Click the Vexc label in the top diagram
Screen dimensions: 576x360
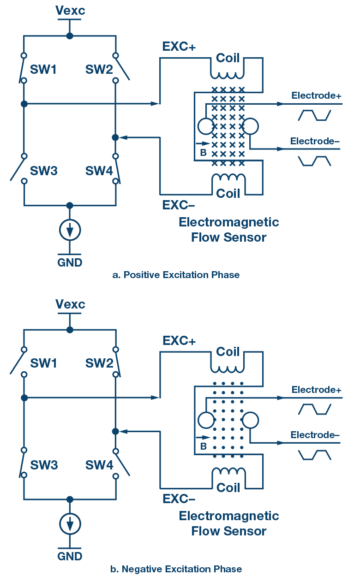(70, 10)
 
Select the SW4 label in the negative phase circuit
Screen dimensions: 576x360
(99, 465)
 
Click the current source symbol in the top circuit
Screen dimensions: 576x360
(70, 229)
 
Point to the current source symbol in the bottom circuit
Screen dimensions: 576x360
(70, 523)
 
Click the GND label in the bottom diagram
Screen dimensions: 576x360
(70, 556)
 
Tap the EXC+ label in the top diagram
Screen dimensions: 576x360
(179, 47)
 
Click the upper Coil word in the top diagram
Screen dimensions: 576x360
(228, 58)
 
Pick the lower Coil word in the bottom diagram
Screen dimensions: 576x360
(228, 487)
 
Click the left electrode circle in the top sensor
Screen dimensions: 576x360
(205, 126)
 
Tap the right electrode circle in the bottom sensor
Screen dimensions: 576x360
(251, 420)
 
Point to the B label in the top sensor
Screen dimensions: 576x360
(203, 153)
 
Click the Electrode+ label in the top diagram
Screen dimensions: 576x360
(316, 95)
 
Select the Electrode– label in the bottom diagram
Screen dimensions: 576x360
(315, 435)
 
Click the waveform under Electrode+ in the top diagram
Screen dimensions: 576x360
(315, 115)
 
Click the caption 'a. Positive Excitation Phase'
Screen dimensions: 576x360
(176, 275)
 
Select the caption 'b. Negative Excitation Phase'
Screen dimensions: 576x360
(176, 569)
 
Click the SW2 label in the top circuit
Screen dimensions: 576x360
(99, 70)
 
